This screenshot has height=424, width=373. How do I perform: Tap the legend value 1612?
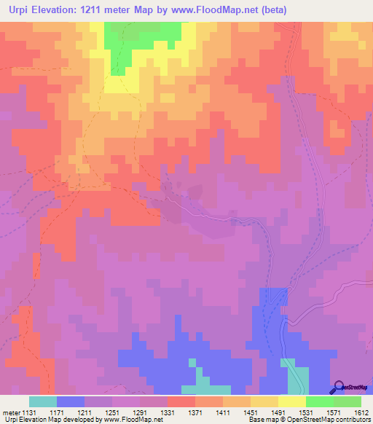tap(362, 412)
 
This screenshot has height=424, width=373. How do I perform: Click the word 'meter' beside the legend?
tap(11, 412)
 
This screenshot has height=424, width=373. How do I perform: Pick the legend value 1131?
tap(30, 412)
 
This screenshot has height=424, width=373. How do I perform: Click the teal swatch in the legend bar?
tap(43, 401)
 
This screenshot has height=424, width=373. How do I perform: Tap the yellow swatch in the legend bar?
tap(292, 401)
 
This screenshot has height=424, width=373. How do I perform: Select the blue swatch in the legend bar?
tap(71, 401)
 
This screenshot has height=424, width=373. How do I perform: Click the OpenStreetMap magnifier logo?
tap(338, 388)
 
